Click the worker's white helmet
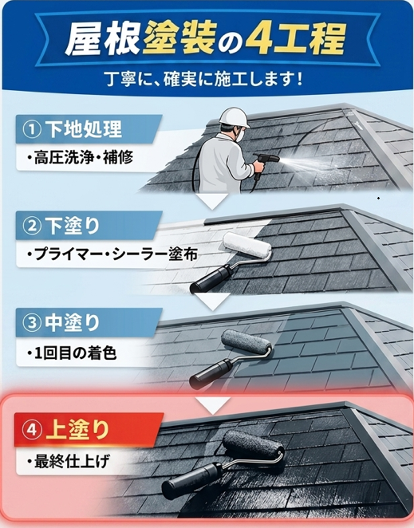pyautogui.click(x=234, y=117)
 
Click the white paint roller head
pyautogui.click(x=247, y=246)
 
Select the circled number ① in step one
pyautogui.click(x=31, y=129)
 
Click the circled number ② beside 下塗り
pyautogui.click(x=31, y=226)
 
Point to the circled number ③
pyautogui.click(x=31, y=322)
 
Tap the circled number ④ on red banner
pyautogui.click(x=31, y=430)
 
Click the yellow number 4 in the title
pyautogui.click(x=257, y=39)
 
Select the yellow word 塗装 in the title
pyautogui.click(x=179, y=37)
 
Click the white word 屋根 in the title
pyautogui.click(x=102, y=39)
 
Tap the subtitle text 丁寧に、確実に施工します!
pyautogui.click(x=204, y=80)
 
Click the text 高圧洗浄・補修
pyautogui.click(x=80, y=158)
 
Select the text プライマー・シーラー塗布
pyautogui.click(x=112, y=254)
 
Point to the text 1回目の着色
pyautogui.click(x=72, y=353)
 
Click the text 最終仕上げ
pyautogui.click(x=69, y=462)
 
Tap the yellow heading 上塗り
pyautogui.click(x=78, y=430)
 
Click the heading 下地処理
pyautogui.click(x=83, y=129)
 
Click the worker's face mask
pyautogui.click(x=239, y=136)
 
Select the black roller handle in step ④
pyautogui.click(x=192, y=476)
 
